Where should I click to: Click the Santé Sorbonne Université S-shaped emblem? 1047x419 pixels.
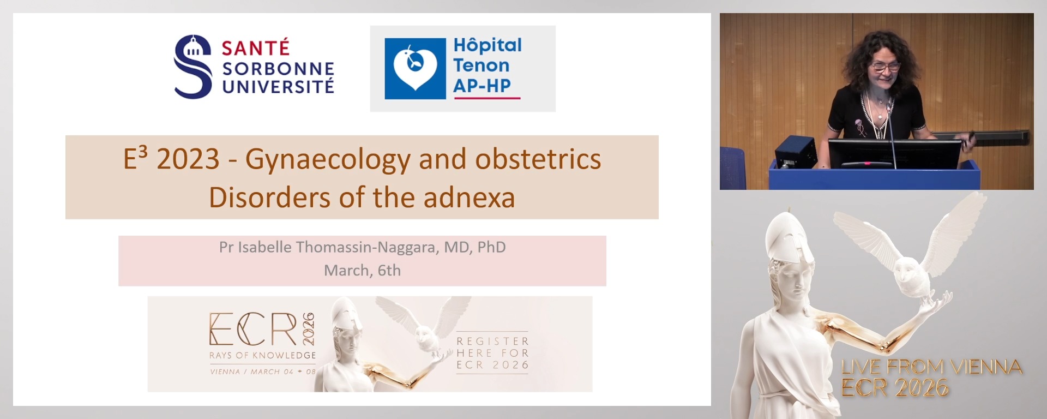192,67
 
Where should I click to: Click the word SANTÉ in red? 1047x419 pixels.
255,48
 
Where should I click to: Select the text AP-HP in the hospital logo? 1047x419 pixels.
482,86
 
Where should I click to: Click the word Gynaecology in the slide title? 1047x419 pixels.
328,159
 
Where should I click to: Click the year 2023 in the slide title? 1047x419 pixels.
188,159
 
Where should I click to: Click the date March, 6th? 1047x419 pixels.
362,271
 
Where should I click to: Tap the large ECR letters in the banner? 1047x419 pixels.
253,330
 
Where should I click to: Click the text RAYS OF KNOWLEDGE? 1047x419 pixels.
262,355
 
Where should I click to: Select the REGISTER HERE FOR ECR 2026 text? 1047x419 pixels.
492,353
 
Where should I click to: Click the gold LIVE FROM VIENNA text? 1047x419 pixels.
931,367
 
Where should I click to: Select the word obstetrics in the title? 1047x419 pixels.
538,159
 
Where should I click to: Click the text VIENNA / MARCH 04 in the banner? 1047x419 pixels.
251,372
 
